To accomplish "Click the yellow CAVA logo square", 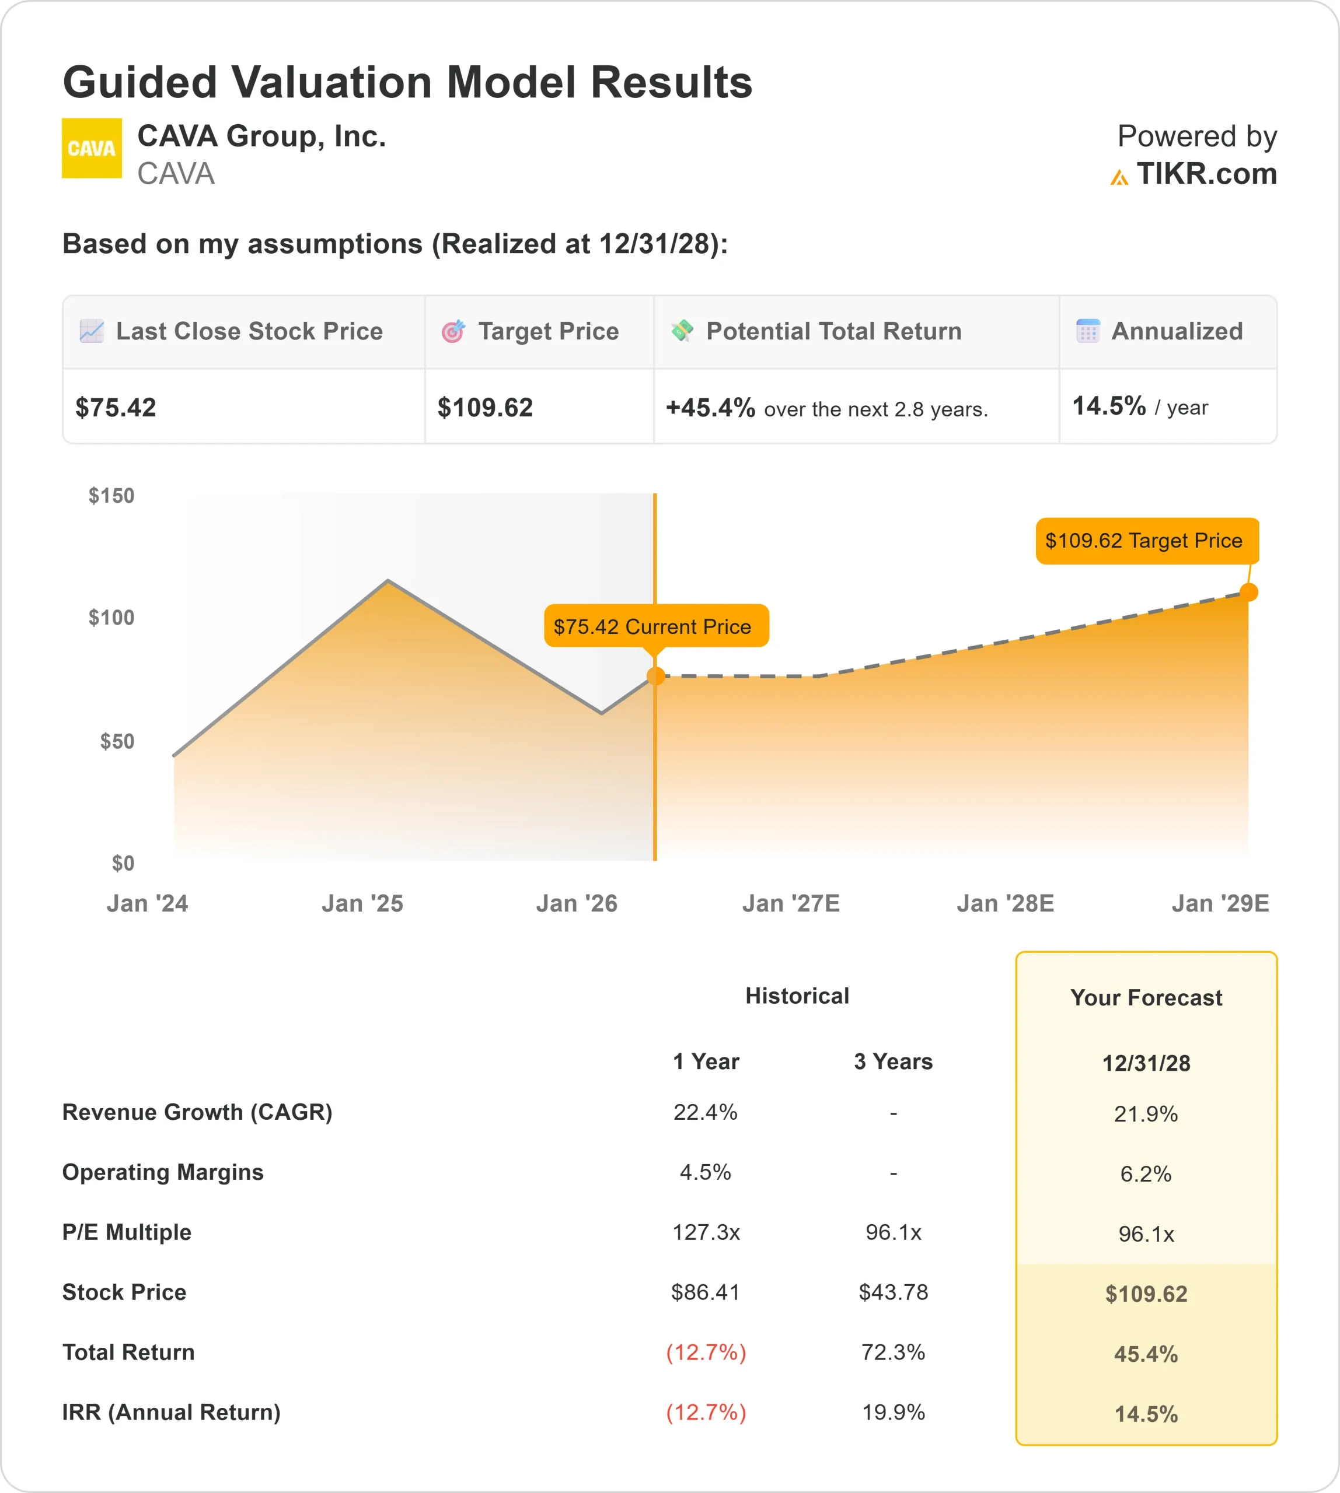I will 91,148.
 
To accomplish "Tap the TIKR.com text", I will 1206,174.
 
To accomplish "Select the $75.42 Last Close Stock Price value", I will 116,408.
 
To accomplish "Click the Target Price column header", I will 548,331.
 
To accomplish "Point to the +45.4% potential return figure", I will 710,408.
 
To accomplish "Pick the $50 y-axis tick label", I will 117,741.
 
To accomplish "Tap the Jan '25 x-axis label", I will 362,903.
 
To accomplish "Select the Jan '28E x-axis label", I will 1005,903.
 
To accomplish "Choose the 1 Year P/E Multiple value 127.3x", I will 706,1232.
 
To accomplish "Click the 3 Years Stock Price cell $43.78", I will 893,1292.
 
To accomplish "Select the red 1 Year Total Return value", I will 706,1352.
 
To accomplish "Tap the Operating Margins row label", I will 163,1172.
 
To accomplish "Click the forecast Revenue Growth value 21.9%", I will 1146,1114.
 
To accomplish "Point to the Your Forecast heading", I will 1146,998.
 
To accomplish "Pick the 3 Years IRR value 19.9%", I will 893,1412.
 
